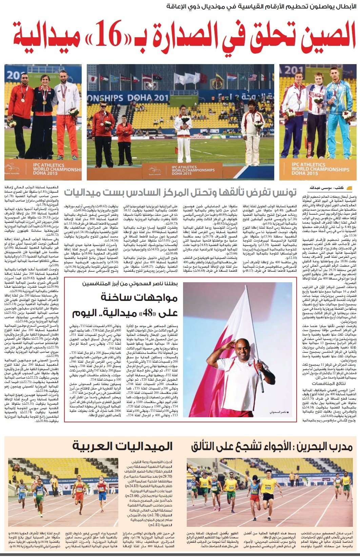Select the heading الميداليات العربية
coord(122,447)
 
